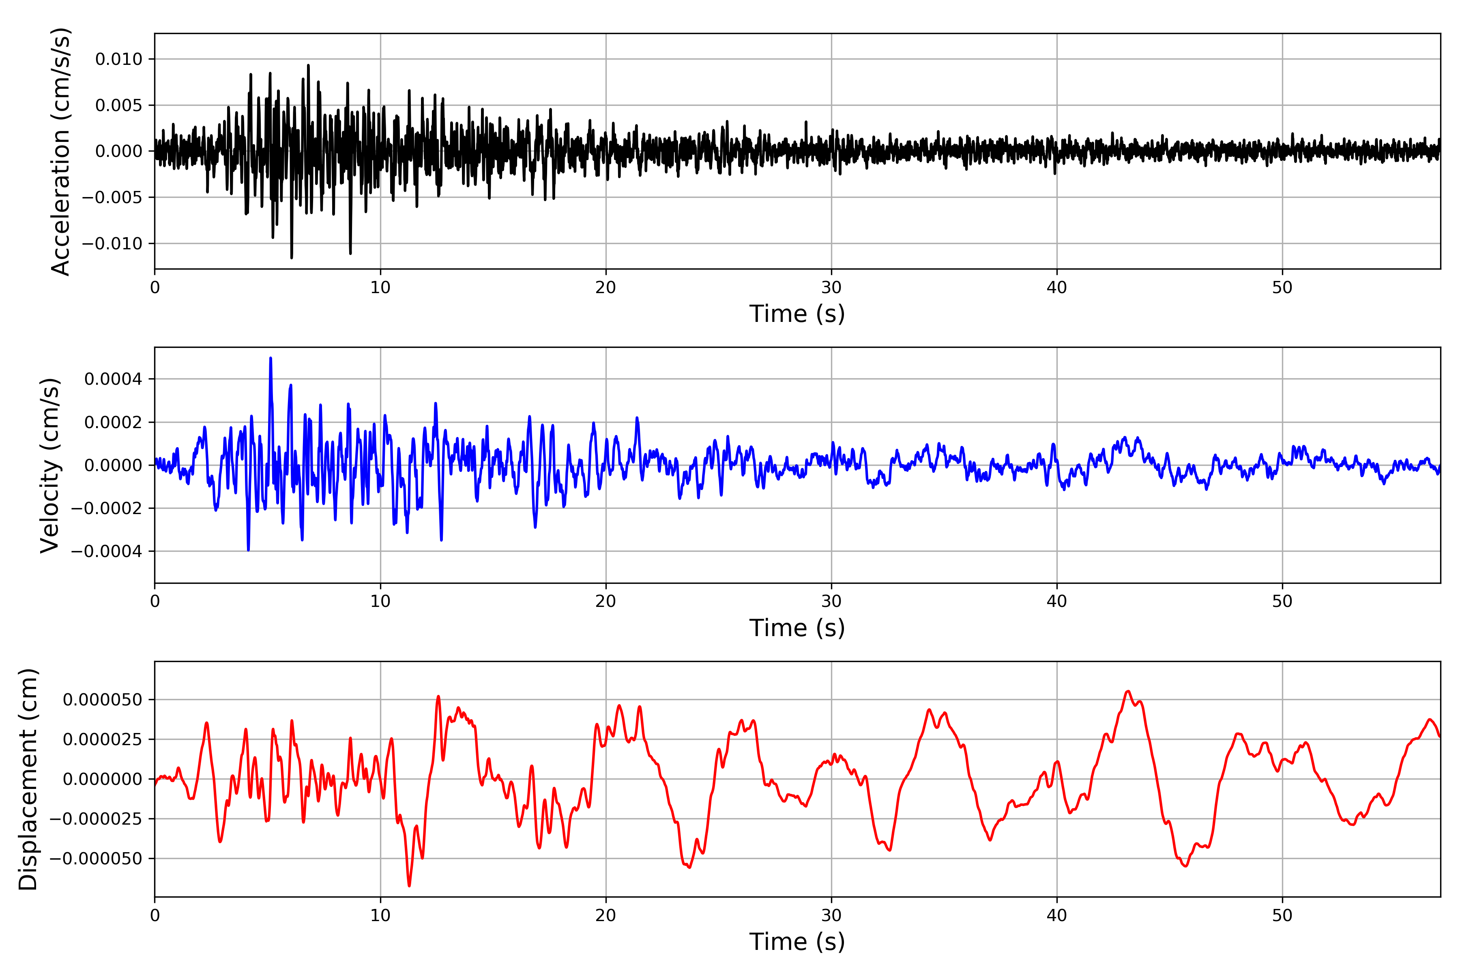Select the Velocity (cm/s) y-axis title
(49, 465)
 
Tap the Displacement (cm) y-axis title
(28, 779)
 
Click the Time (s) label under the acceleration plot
(797, 314)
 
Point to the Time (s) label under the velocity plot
(797, 628)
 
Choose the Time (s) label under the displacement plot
(797, 942)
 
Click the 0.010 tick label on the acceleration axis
(118, 60)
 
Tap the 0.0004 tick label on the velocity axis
(113, 379)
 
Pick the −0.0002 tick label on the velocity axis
(107, 508)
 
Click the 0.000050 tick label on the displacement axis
(103, 700)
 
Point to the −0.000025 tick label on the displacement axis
(96, 819)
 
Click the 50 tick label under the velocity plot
(1282, 601)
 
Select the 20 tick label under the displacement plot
(606, 915)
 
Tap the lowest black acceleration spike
(292, 257)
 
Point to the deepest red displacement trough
(409, 885)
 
